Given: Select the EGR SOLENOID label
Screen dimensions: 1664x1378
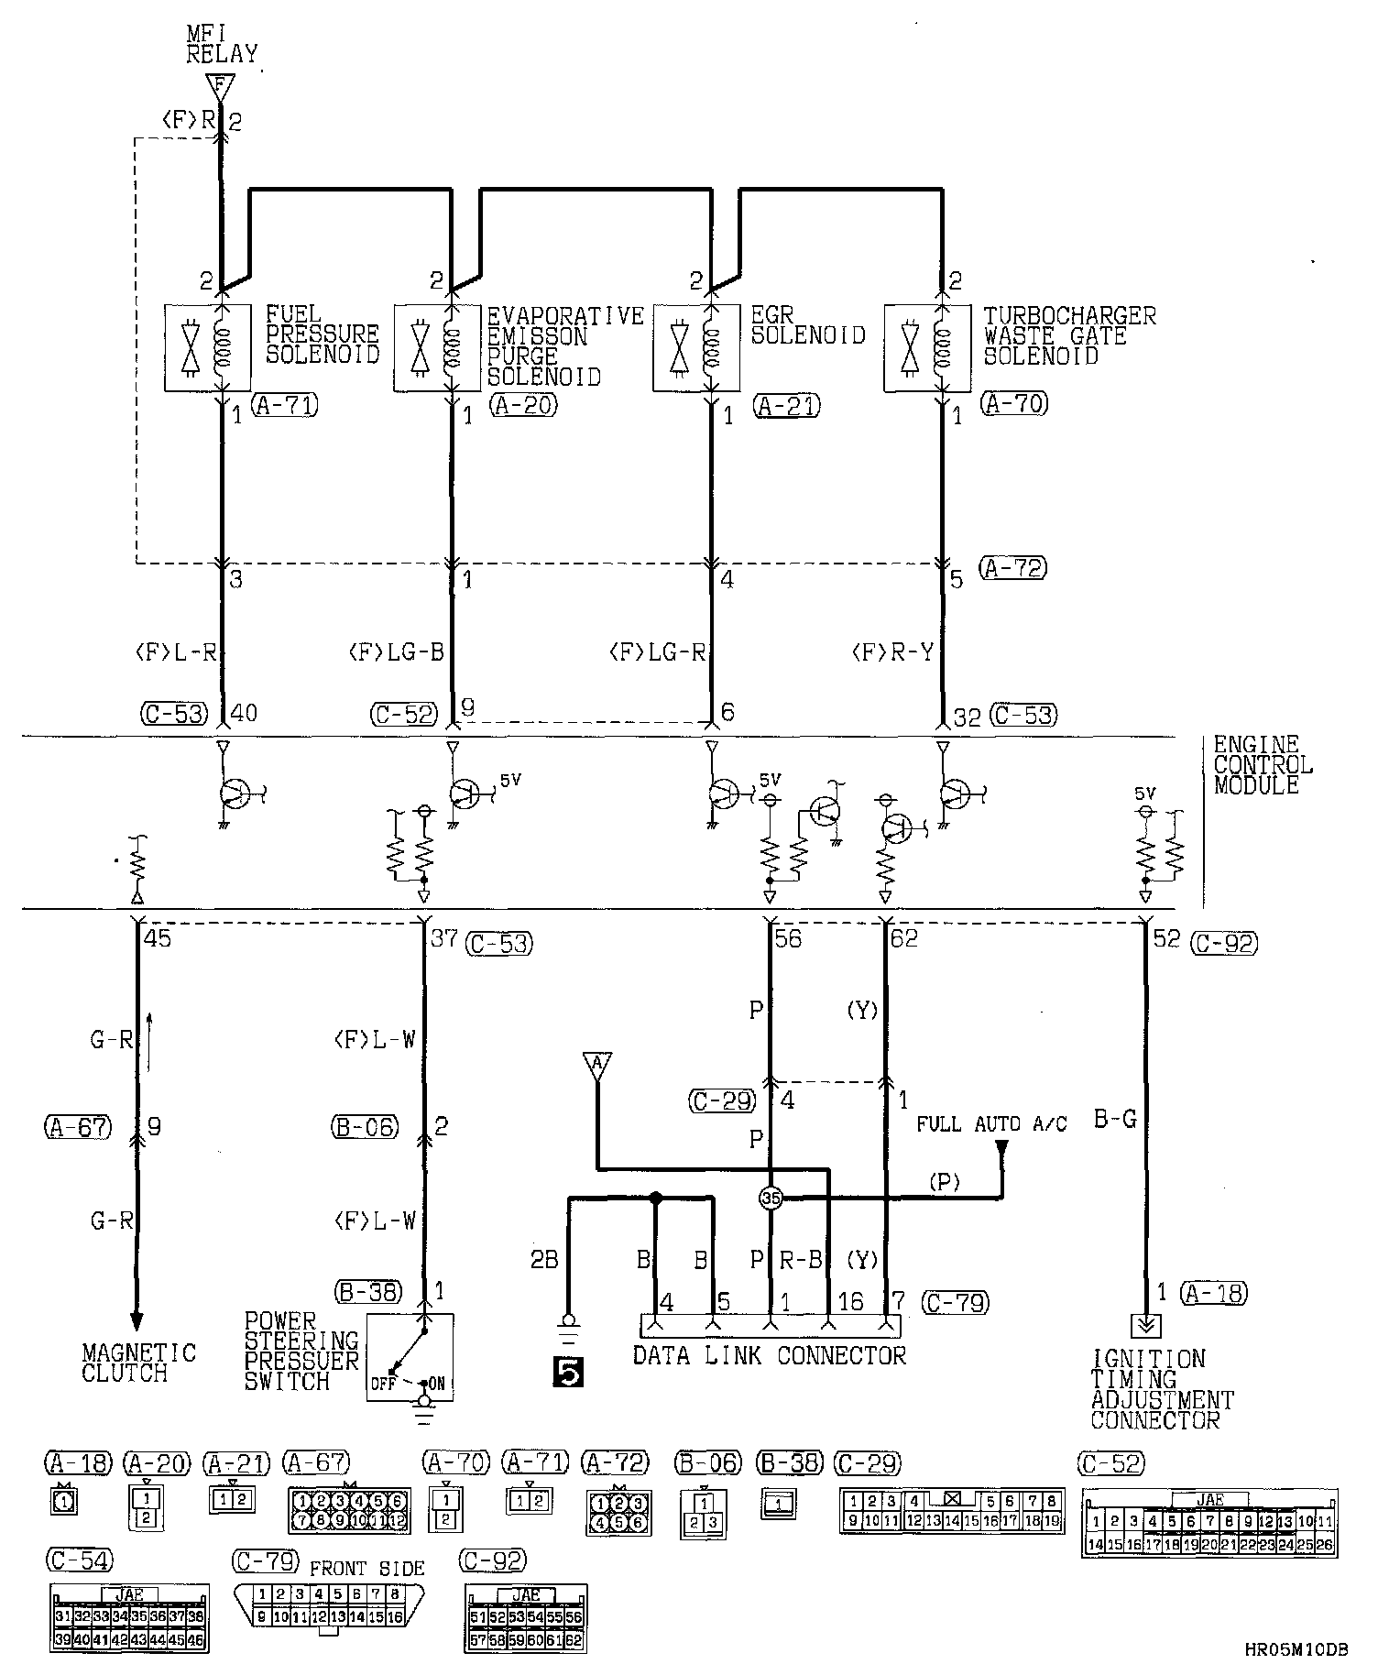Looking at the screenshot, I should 807,325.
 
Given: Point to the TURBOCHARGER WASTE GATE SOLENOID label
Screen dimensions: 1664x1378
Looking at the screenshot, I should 1069,335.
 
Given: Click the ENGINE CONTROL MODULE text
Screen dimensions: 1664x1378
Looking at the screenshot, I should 1263,764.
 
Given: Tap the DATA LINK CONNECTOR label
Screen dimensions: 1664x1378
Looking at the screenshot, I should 769,1355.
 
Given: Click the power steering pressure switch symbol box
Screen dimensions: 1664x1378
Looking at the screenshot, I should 410,1355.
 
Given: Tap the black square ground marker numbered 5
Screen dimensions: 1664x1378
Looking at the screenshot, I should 568,1374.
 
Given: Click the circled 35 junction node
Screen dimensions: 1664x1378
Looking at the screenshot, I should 770,1198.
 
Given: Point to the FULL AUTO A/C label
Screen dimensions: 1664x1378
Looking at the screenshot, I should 991,1123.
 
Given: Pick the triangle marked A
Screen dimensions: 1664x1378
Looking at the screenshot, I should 596,1065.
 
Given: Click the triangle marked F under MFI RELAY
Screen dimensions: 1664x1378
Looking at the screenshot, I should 219,87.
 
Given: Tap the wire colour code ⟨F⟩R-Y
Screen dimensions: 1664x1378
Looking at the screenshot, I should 892,652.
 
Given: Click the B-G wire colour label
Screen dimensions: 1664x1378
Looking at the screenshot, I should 1115,1118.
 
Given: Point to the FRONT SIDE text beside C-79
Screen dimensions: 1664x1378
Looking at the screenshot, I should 366,1568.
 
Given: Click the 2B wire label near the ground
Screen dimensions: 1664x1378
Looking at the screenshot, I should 544,1261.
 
